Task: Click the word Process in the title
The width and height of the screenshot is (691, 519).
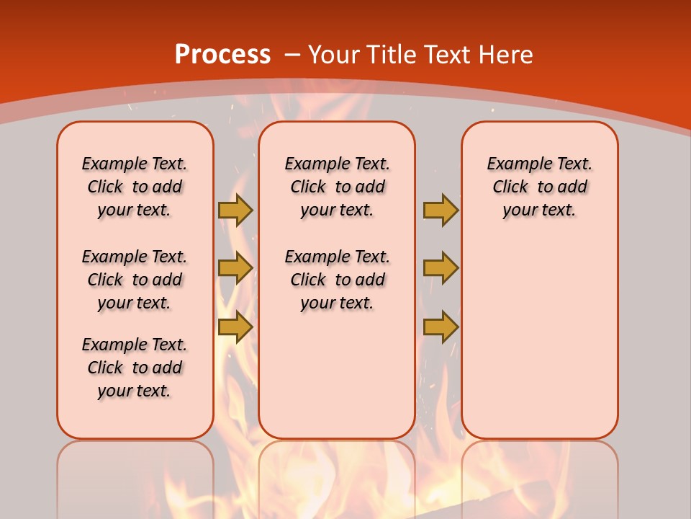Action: pyautogui.click(x=222, y=55)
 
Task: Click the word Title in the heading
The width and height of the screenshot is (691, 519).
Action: pyautogui.click(x=389, y=55)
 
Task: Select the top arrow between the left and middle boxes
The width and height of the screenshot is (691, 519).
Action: pyautogui.click(x=235, y=210)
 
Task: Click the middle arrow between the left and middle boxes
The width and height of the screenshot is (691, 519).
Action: pyautogui.click(x=235, y=268)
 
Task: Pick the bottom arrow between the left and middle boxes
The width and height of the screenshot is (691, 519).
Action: pyautogui.click(x=235, y=327)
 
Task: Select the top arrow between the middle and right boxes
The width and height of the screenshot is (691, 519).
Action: pyautogui.click(x=441, y=210)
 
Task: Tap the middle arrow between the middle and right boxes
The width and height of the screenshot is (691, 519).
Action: pyautogui.click(x=441, y=268)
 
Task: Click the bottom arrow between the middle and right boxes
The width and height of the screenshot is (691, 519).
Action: pyautogui.click(x=441, y=327)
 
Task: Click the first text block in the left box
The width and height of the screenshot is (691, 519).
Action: pyautogui.click(x=135, y=187)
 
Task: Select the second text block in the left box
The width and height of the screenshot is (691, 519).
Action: pyautogui.click(x=135, y=280)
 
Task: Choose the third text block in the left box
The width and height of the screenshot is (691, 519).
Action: pyautogui.click(x=135, y=368)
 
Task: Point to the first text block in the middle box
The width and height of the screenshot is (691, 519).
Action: pyautogui.click(x=337, y=187)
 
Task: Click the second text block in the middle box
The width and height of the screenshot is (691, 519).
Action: pyautogui.click(x=337, y=280)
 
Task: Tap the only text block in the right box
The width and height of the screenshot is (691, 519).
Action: pyautogui.click(x=539, y=187)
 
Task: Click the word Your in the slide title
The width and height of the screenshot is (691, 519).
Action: pyautogui.click(x=335, y=55)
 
